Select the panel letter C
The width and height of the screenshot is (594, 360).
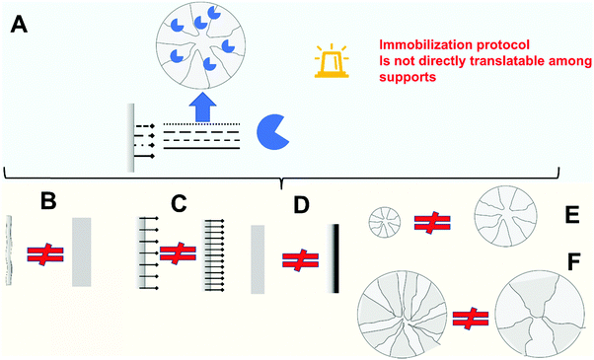point(179,204)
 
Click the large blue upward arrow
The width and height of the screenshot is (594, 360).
point(204,106)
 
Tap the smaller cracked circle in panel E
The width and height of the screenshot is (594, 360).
point(384,221)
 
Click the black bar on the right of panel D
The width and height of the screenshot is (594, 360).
point(337,259)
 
